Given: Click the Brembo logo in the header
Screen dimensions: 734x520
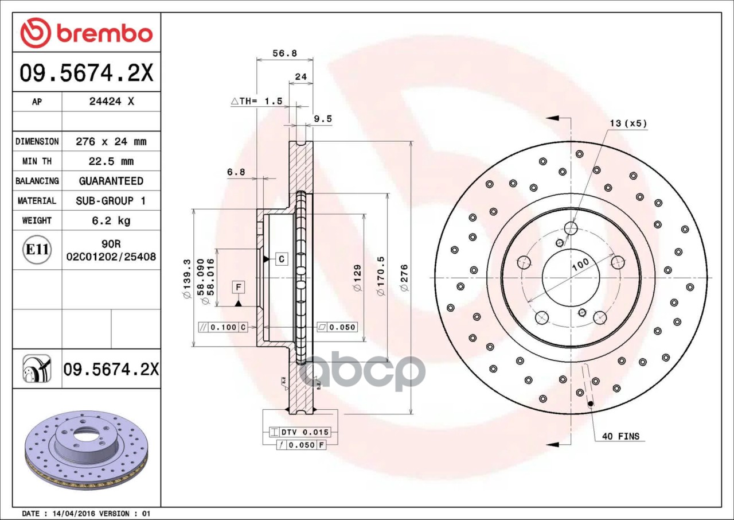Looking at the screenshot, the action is point(87,33).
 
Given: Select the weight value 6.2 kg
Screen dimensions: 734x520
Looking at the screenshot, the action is point(111,220).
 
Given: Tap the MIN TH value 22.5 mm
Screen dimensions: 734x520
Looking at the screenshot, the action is point(111,161).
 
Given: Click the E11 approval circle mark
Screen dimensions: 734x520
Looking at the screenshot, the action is point(37,250).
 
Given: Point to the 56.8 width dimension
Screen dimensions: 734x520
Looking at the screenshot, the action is point(284,53).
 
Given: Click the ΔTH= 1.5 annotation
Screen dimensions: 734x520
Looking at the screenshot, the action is point(256,101).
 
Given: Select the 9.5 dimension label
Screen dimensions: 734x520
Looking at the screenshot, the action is point(323,119).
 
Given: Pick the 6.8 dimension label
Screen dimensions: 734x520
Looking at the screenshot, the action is point(236,172).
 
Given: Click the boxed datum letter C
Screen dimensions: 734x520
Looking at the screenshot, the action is point(282,259).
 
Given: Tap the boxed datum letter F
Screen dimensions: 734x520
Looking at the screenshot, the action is point(238,287).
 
